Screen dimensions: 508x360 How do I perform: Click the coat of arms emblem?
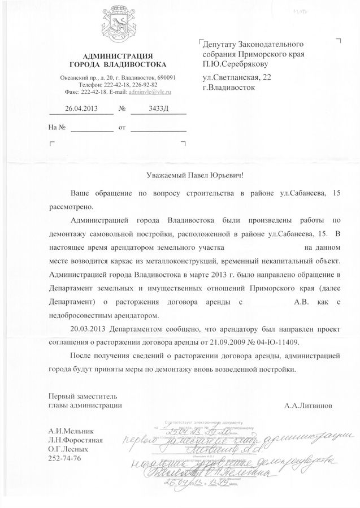(118, 28)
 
